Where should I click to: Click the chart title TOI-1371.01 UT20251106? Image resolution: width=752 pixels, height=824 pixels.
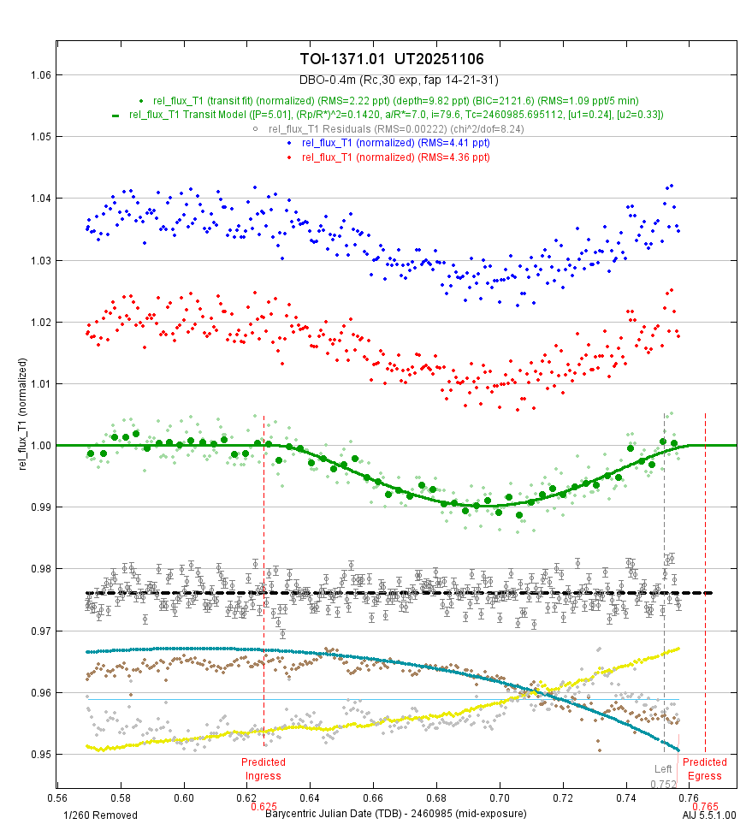[x=393, y=59]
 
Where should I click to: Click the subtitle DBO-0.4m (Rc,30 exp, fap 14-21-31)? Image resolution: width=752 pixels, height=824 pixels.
[x=393, y=80]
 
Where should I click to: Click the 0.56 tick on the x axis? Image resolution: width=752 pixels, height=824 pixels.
[x=57, y=794]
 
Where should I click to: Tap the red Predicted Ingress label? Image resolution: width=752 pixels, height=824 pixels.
[x=263, y=768]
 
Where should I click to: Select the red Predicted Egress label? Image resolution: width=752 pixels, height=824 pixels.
[x=705, y=768]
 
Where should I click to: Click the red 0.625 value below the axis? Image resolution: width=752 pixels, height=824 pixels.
[x=263, y=806]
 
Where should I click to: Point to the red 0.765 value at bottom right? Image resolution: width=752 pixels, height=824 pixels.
[x=705, y=806]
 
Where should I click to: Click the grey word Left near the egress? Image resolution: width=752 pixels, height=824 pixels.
[x=663, y=768]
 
